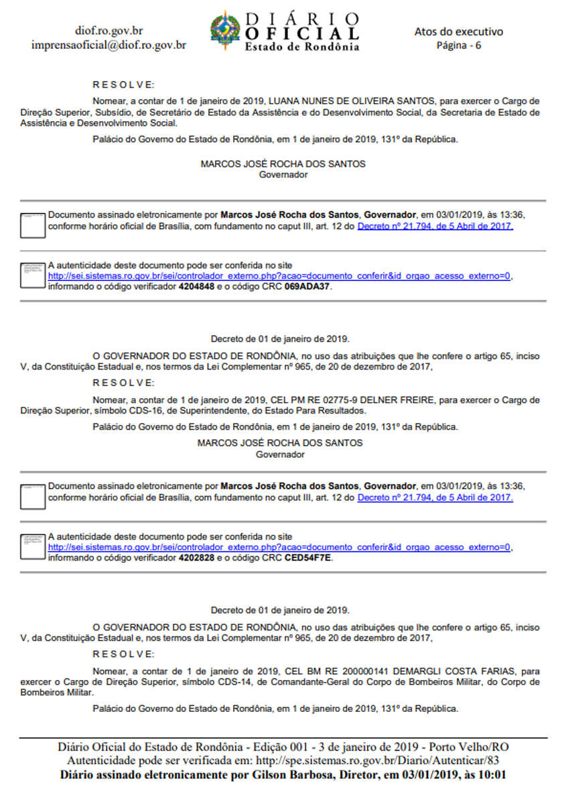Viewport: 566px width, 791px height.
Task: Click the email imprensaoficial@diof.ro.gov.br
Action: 109,46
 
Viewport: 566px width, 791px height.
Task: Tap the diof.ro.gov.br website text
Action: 109,31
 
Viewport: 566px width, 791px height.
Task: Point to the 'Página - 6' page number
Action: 459,46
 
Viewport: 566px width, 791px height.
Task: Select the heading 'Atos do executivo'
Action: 459,31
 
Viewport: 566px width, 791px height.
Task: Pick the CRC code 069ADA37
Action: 308,286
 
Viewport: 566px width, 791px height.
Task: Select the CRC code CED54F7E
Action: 308,557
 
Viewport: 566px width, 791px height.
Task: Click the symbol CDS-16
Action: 165,410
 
